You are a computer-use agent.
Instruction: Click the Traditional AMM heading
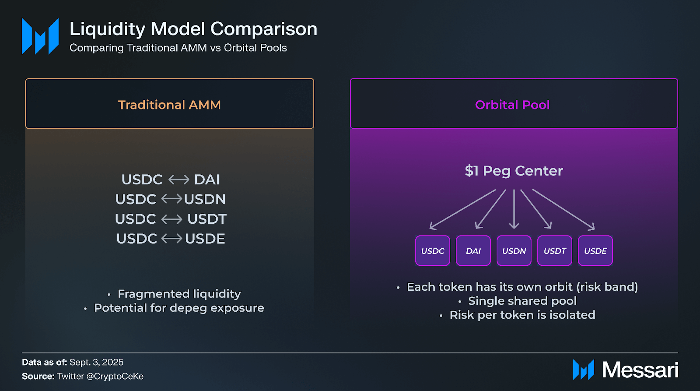[169, 105]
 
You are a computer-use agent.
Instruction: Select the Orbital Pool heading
[512, 105]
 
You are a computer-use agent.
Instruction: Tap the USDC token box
[433, 250]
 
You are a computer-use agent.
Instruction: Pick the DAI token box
[473, 250]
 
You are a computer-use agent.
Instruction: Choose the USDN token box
[514, 250]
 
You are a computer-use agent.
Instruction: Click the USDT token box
[555, 250]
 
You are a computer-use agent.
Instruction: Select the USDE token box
[595, 250]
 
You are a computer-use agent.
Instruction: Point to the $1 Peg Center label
[514, 171]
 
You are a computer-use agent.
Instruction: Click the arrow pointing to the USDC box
[462, 209]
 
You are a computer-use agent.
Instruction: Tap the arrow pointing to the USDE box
[563, 209]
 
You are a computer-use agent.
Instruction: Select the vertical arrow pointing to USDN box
[514, 209]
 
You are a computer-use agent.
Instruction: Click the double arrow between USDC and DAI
[179, 180]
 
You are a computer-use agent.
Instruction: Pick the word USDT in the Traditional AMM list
[207, 219]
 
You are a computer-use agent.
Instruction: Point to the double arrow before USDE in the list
[171, 239]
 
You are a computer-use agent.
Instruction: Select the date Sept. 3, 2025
[96, 362]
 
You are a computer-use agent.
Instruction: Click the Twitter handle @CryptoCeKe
[115, 376]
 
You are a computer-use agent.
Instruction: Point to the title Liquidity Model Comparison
[193, 29]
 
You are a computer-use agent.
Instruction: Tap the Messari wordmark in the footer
[640, 370]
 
